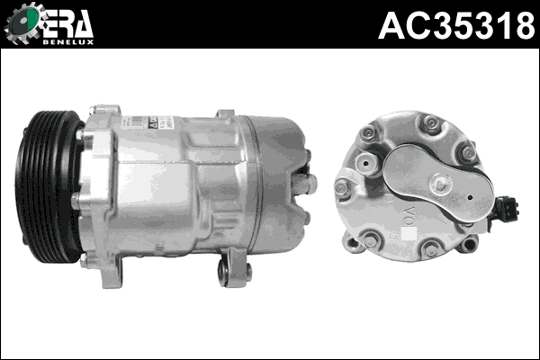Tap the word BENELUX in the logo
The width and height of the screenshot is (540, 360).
(71, 40)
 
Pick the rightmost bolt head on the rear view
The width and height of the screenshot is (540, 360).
(467, 155)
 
